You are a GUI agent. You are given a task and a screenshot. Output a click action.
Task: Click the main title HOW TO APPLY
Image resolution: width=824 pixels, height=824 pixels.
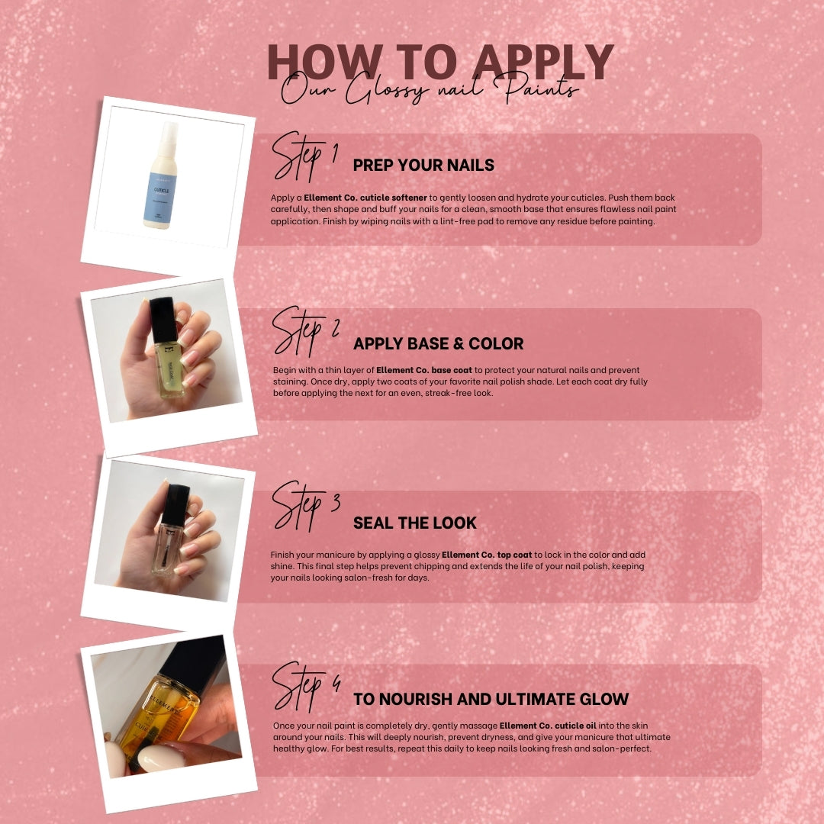tap(440, 62)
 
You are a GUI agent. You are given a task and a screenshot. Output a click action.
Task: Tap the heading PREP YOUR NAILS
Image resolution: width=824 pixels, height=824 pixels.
tap(423, 165)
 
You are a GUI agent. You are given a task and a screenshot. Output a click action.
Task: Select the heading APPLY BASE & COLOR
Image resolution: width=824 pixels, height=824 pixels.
tap(438, 343)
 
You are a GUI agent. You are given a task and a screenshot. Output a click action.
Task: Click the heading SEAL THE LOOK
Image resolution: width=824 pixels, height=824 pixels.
tap(414, 523)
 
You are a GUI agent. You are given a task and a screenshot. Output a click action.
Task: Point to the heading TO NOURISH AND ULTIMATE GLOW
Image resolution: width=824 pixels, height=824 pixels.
tap(491, 699)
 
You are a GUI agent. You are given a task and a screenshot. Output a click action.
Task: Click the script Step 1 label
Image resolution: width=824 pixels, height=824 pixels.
tap(304, 156)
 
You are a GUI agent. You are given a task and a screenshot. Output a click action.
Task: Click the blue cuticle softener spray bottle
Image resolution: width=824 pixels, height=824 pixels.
tap(161, 175)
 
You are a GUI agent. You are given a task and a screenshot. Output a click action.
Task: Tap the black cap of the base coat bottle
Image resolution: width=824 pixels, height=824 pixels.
tap(163, 320)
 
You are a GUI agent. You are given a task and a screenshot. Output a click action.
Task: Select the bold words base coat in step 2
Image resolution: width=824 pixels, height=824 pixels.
tap(452, 370)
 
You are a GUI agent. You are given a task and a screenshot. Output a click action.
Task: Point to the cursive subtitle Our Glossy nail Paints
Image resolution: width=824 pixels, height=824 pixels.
tap(430, 89)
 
